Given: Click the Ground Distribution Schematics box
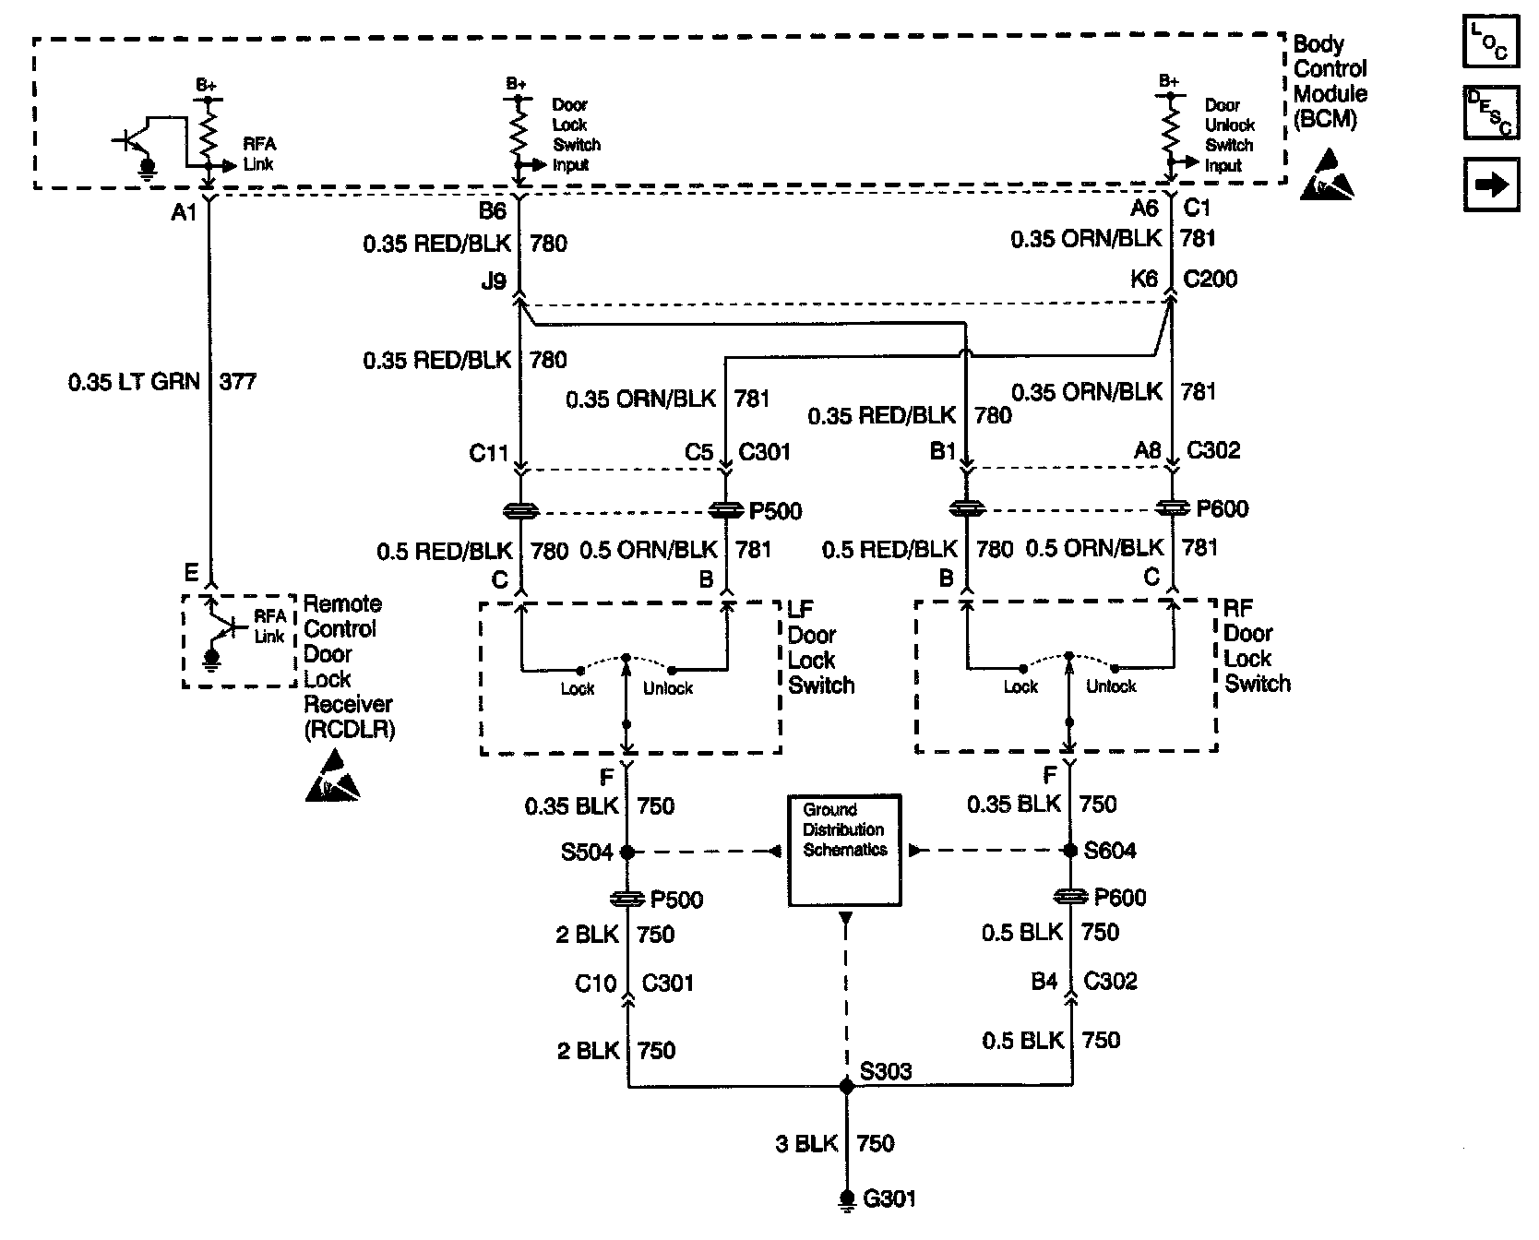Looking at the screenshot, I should coord(844,850).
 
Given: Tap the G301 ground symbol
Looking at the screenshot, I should coord(845,1199).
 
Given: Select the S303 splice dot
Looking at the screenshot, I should coord(846,1087).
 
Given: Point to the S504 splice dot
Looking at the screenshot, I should coord(627,852).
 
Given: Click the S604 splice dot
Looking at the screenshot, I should coord(1070,851).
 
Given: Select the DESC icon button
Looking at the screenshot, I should coord(1490,113).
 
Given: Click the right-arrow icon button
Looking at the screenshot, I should coord(1490,185).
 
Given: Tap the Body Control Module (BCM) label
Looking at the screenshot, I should coord(1330,81).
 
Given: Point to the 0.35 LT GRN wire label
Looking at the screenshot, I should coord(134,382).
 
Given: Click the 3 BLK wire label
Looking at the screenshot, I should coord(805,1144).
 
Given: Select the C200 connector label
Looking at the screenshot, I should coord(1210,279).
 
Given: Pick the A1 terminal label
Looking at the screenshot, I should coord(185,213).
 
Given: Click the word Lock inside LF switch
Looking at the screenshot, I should coord(578,688).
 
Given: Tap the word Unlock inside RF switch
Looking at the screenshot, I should coord(1111,686).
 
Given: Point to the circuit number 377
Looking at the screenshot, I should coord(238,382).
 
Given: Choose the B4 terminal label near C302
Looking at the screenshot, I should coord(1044,981).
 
